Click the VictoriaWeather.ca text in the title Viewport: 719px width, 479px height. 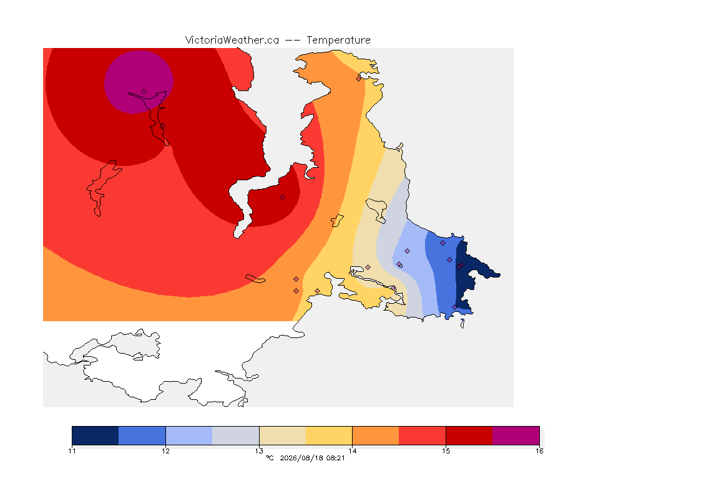click(232, 41)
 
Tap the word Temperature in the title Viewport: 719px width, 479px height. click(338, 41)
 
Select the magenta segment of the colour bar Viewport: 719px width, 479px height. click(516, 435)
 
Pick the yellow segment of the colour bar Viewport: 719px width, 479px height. click(329, 435)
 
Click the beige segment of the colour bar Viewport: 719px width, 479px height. click(283, 435)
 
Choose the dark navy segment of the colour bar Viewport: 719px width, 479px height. click(95, 435)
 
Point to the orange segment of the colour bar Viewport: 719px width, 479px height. click(376, 435)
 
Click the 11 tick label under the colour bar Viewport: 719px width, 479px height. click(72, 451)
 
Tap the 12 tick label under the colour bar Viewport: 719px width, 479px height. click(165, 451)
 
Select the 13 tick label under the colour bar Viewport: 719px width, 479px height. click(259, 451)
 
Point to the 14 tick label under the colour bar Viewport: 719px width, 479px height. click(353, 451)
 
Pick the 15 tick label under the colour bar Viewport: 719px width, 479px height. click(446, 451)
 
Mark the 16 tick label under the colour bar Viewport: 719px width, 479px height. click(539, 451)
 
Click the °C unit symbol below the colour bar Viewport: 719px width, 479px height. click(270, 458)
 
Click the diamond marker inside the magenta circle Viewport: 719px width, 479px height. click(144, 92)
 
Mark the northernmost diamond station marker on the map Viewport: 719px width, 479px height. click(359, 79)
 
